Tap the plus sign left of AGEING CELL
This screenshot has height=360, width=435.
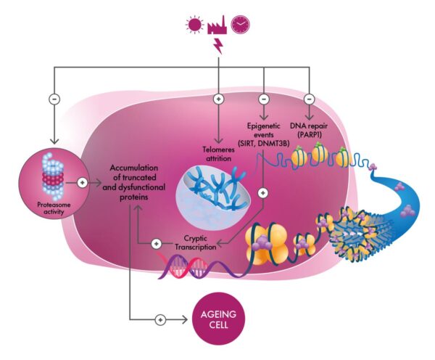(161, 318)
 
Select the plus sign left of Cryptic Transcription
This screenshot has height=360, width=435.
(156, 243)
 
